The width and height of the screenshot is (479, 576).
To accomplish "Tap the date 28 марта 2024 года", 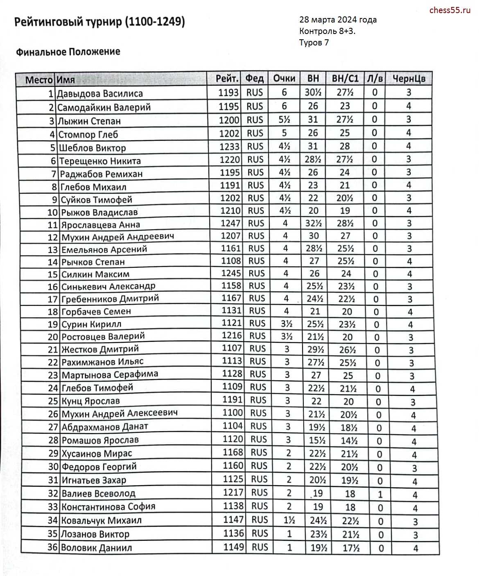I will (x=338, y=20).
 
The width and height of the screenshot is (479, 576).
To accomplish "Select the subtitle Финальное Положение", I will (x=68, y=52).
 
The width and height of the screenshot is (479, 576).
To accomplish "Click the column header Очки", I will (x=284, y=79).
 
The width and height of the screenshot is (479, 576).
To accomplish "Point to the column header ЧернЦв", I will (x=409, y=79).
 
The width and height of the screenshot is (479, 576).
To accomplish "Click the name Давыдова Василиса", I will (x=100, y=94).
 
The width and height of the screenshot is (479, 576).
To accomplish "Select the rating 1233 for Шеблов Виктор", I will (x=230, y=147).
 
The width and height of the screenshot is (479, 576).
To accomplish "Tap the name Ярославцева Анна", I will (x=101, y=225).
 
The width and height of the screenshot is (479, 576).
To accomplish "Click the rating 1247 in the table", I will (x=231, y=223).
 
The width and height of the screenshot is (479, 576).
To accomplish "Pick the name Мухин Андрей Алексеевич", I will (x=120, y=413).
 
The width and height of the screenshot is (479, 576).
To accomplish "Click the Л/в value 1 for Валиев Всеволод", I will (x=380, y=494).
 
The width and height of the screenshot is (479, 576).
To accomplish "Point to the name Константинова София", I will (x=108, y=507).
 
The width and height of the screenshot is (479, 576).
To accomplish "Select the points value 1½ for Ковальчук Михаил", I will (x=289, y=520).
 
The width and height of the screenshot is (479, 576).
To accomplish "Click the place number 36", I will (x=53, y=547).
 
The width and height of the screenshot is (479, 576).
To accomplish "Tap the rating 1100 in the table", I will (x=233, y=413).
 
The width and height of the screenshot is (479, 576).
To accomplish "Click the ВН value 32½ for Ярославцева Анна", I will (x=313, y=223).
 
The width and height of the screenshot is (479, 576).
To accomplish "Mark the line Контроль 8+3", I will (x=327, y=31).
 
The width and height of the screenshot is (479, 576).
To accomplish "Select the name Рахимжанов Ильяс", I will (x=102, y=362).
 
